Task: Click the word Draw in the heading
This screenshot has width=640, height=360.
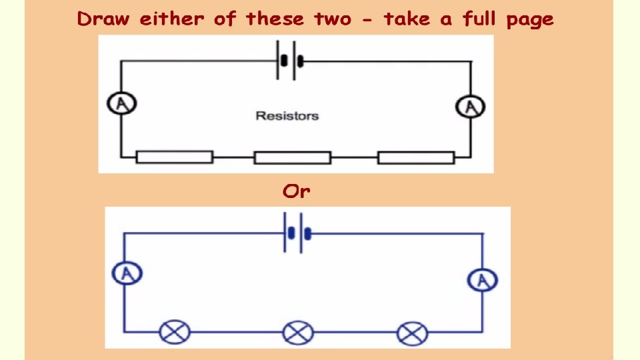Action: pos(104,19)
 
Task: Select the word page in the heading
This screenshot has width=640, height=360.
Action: pos(529,20)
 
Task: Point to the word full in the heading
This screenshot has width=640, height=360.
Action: pos(478,19)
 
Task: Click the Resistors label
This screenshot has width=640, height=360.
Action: pos(287,116)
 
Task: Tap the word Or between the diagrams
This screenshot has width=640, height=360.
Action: pos(296,192)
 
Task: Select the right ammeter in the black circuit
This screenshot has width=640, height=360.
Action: pos(470,106)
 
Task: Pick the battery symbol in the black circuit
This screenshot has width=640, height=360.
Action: pos(291,61)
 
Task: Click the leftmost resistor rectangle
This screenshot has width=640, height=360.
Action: pos(175,157)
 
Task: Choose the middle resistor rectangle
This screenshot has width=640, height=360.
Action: pos(292,158)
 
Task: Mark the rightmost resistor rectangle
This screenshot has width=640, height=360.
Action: pos(416,158)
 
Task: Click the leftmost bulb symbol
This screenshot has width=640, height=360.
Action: pos(174,331)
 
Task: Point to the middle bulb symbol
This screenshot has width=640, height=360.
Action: pos(297,332)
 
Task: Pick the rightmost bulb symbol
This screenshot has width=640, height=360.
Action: pos(411,332)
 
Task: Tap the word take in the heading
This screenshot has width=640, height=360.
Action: pos(407,19)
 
